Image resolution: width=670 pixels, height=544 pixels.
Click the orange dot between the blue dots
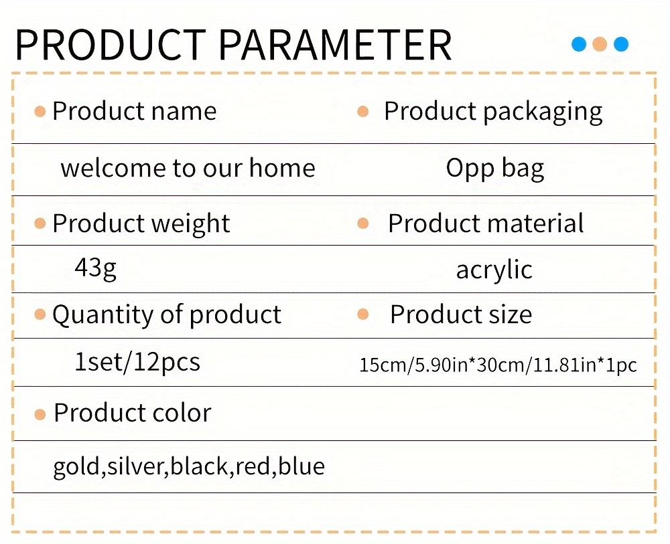click(x=600, y=44)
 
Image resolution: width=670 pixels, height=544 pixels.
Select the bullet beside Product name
click(x=40, y=112)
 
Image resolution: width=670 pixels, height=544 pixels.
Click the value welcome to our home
click(x=188, y=167)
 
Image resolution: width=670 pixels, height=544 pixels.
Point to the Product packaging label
click(x=493, y=112)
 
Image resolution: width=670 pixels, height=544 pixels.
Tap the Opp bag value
click(x=495, y=169)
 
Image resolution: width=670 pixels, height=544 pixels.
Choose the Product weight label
click(x=141, y=223)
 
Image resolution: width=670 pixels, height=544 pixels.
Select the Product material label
click(x=486, y=223)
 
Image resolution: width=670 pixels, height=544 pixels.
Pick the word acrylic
click(x=494, y=270)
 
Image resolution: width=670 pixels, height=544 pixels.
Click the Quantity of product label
click(x=167, y=315)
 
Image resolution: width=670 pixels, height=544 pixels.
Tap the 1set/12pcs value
click(x=137, y=362)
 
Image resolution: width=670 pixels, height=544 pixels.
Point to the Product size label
click(x=461, y=314)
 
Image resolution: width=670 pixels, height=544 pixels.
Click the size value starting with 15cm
click(x=498, y=365)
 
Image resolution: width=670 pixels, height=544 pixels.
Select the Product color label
click(x=133, y=413)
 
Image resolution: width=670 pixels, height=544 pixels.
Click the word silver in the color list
click(x=135, y=466)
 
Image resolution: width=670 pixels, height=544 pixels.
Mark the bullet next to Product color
click(x=40, y=414)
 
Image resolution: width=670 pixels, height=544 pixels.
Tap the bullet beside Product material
click(x=362, y=223)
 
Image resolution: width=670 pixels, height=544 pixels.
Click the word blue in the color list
click(x=301, y=466)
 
